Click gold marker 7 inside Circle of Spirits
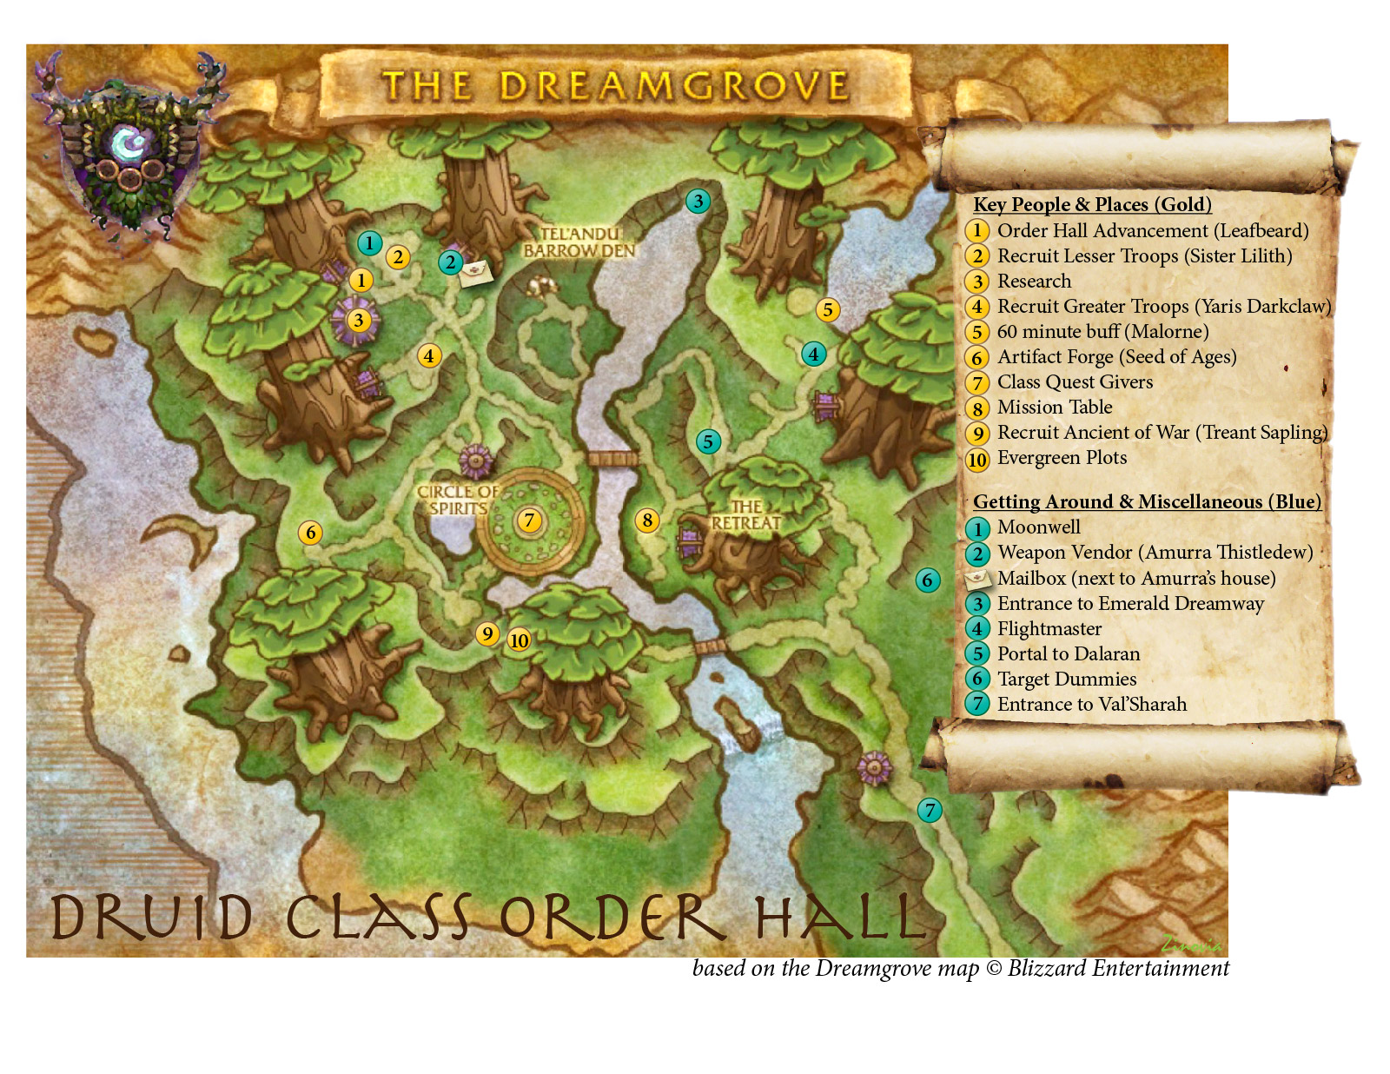(x=529, y=520)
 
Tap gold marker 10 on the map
(x=519, y=640)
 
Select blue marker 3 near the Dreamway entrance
(x=698, y=202)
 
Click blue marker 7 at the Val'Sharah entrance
(x=930, y=811)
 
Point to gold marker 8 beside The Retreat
(x=646, y=520)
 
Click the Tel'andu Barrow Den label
(x=579, y=242)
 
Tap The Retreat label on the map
(x=745, y=515)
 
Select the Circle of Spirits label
(x=458, y=500)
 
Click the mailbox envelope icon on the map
(x=476, y=272)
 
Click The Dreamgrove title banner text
(x=615, y=86)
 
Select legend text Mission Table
(x=1054, y=408)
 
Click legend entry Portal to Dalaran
(x=1068, y=654)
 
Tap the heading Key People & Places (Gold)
(x=1091, y=205)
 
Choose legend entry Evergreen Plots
(x=1061, y=458)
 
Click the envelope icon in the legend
(x=977, y=579)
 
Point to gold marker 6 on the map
(x=310, y=533)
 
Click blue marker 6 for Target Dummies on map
(x=927, y=580)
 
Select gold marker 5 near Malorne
(x=827, y=310)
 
